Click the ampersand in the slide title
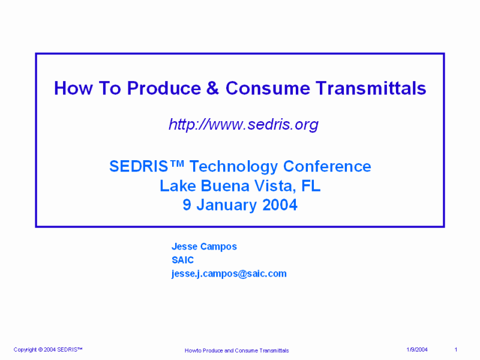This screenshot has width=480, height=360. [x=212, y=88]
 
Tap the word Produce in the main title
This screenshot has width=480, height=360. [x=164, y=88]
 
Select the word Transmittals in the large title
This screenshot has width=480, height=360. [x=371, y=88]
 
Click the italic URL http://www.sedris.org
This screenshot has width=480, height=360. [x=244, y=124]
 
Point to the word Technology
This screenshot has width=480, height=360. [x=234, y=167]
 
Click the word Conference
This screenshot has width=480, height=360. [x=327, y=166]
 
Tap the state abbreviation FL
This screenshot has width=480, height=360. [x=311, y=186]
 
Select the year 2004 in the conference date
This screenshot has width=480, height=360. [x=280, y=205]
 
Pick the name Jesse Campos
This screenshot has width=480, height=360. [x=204, y=247]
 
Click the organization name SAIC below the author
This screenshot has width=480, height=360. [x=183, y=260]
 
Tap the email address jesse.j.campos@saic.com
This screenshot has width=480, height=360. [x=229, y=274]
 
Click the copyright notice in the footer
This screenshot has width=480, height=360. [x=48, y=350]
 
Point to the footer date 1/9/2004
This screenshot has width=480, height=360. [x=417, y=350]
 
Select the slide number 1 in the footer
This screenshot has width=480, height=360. [x=456, y=350]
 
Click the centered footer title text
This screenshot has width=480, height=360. [x=236, y=350]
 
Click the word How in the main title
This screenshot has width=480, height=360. [x=73, y=88]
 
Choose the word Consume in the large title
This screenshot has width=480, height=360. [x=268, y=88]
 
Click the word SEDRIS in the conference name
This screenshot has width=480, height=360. [x=139, y=166]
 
